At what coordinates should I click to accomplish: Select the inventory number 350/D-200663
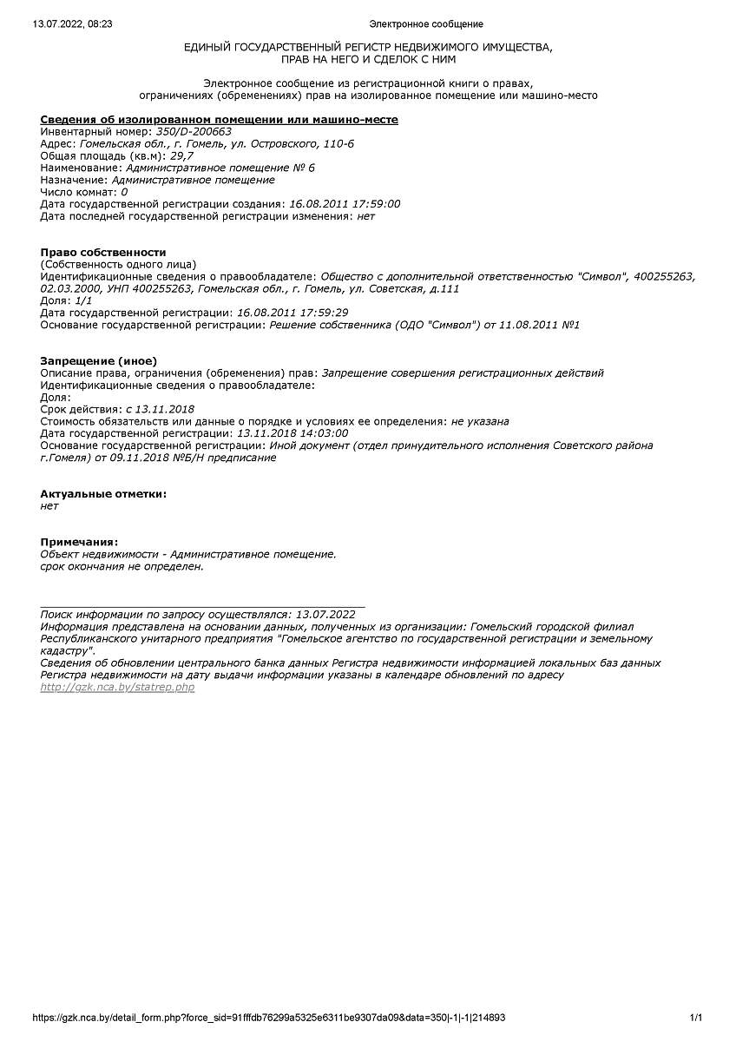(193, 131)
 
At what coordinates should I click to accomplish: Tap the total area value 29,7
(169, 155)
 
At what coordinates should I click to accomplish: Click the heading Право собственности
(102, 252)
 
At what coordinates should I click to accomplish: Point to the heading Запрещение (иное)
(98, 360)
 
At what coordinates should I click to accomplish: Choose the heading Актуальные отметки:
(103, 493)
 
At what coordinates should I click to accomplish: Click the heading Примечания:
(79, 542)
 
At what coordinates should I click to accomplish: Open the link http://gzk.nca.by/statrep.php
(117, 687)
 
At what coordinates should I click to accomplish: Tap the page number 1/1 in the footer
(695, 1018)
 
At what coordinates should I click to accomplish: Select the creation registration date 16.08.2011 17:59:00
(345, 204)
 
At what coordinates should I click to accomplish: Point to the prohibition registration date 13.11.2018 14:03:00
(292, 433)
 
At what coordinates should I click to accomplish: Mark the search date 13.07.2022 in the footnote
(325, 614)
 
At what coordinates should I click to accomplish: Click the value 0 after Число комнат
(124, 192)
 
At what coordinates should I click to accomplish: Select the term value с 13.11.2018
(160, 409)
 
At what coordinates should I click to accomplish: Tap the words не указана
(480, 421)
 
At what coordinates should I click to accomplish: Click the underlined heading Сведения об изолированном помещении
(219, 119)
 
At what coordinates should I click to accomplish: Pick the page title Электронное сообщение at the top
(425, 24)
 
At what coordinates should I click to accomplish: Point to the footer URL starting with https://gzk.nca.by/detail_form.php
(269, 1018)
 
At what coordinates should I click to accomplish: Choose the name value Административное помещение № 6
(220, 168)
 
